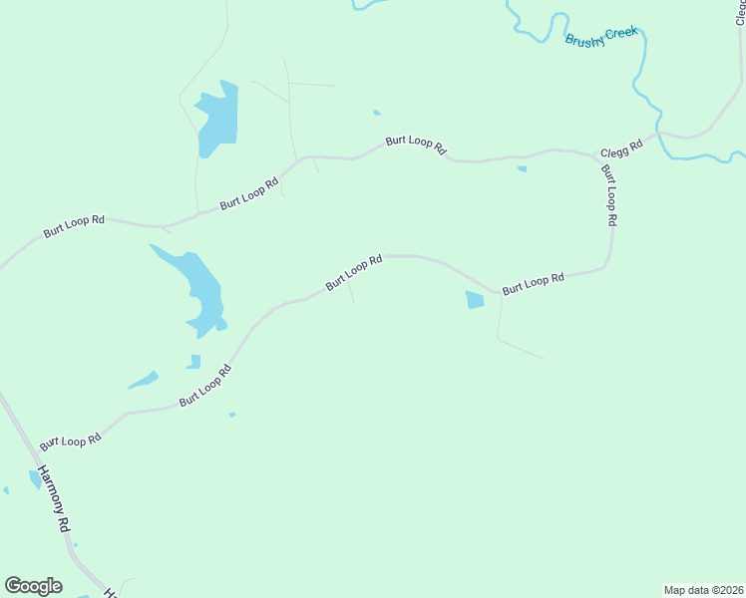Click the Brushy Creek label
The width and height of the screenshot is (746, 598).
pos(600,37)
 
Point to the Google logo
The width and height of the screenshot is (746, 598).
pos(33,586)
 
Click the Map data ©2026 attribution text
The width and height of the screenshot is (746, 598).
pos(703,590)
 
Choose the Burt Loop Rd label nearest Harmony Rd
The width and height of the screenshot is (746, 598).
pos(71,440)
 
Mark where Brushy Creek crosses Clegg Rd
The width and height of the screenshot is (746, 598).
pos(660,134)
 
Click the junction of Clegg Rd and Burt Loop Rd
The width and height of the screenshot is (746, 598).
pos(597,156)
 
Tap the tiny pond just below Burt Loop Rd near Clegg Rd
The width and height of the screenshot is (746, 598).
pos(522,168)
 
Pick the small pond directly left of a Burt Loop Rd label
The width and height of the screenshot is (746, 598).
pos(475,299)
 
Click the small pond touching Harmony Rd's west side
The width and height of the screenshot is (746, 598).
pos(36,479)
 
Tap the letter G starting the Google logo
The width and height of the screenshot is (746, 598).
pos(13,585)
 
